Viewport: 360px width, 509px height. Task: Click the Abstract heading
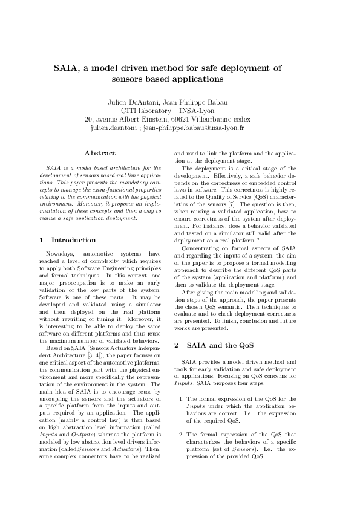click(x=100, y=154)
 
